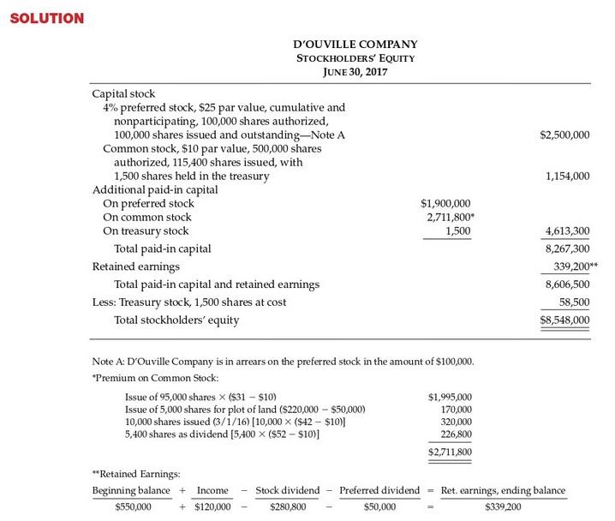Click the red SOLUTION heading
46,18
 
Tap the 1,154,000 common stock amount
567,177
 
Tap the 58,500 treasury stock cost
573,302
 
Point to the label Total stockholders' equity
176,320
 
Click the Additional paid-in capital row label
154,189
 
